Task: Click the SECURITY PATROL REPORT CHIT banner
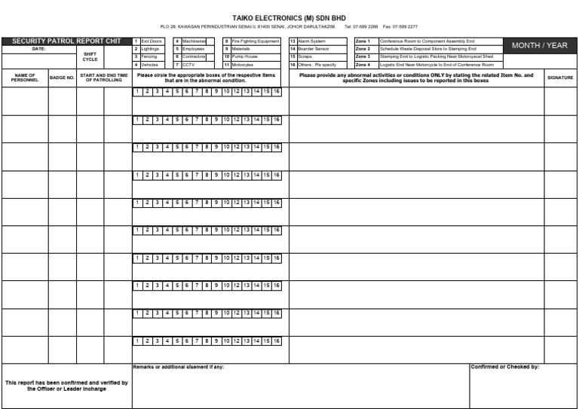tap(66, 41)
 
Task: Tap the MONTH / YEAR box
tap(539, 46)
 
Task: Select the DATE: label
tap(38, 49)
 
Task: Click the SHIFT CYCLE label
tap(90, 56)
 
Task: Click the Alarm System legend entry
tap(312, 41)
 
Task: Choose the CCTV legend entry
tap(188, 65)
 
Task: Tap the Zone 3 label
tap(363, 56)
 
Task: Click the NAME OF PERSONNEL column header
tap(25, 78)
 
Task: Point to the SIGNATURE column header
tap(560, 78)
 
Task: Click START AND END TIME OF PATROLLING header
tap(104, 78)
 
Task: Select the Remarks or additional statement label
tap(179, 368)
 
